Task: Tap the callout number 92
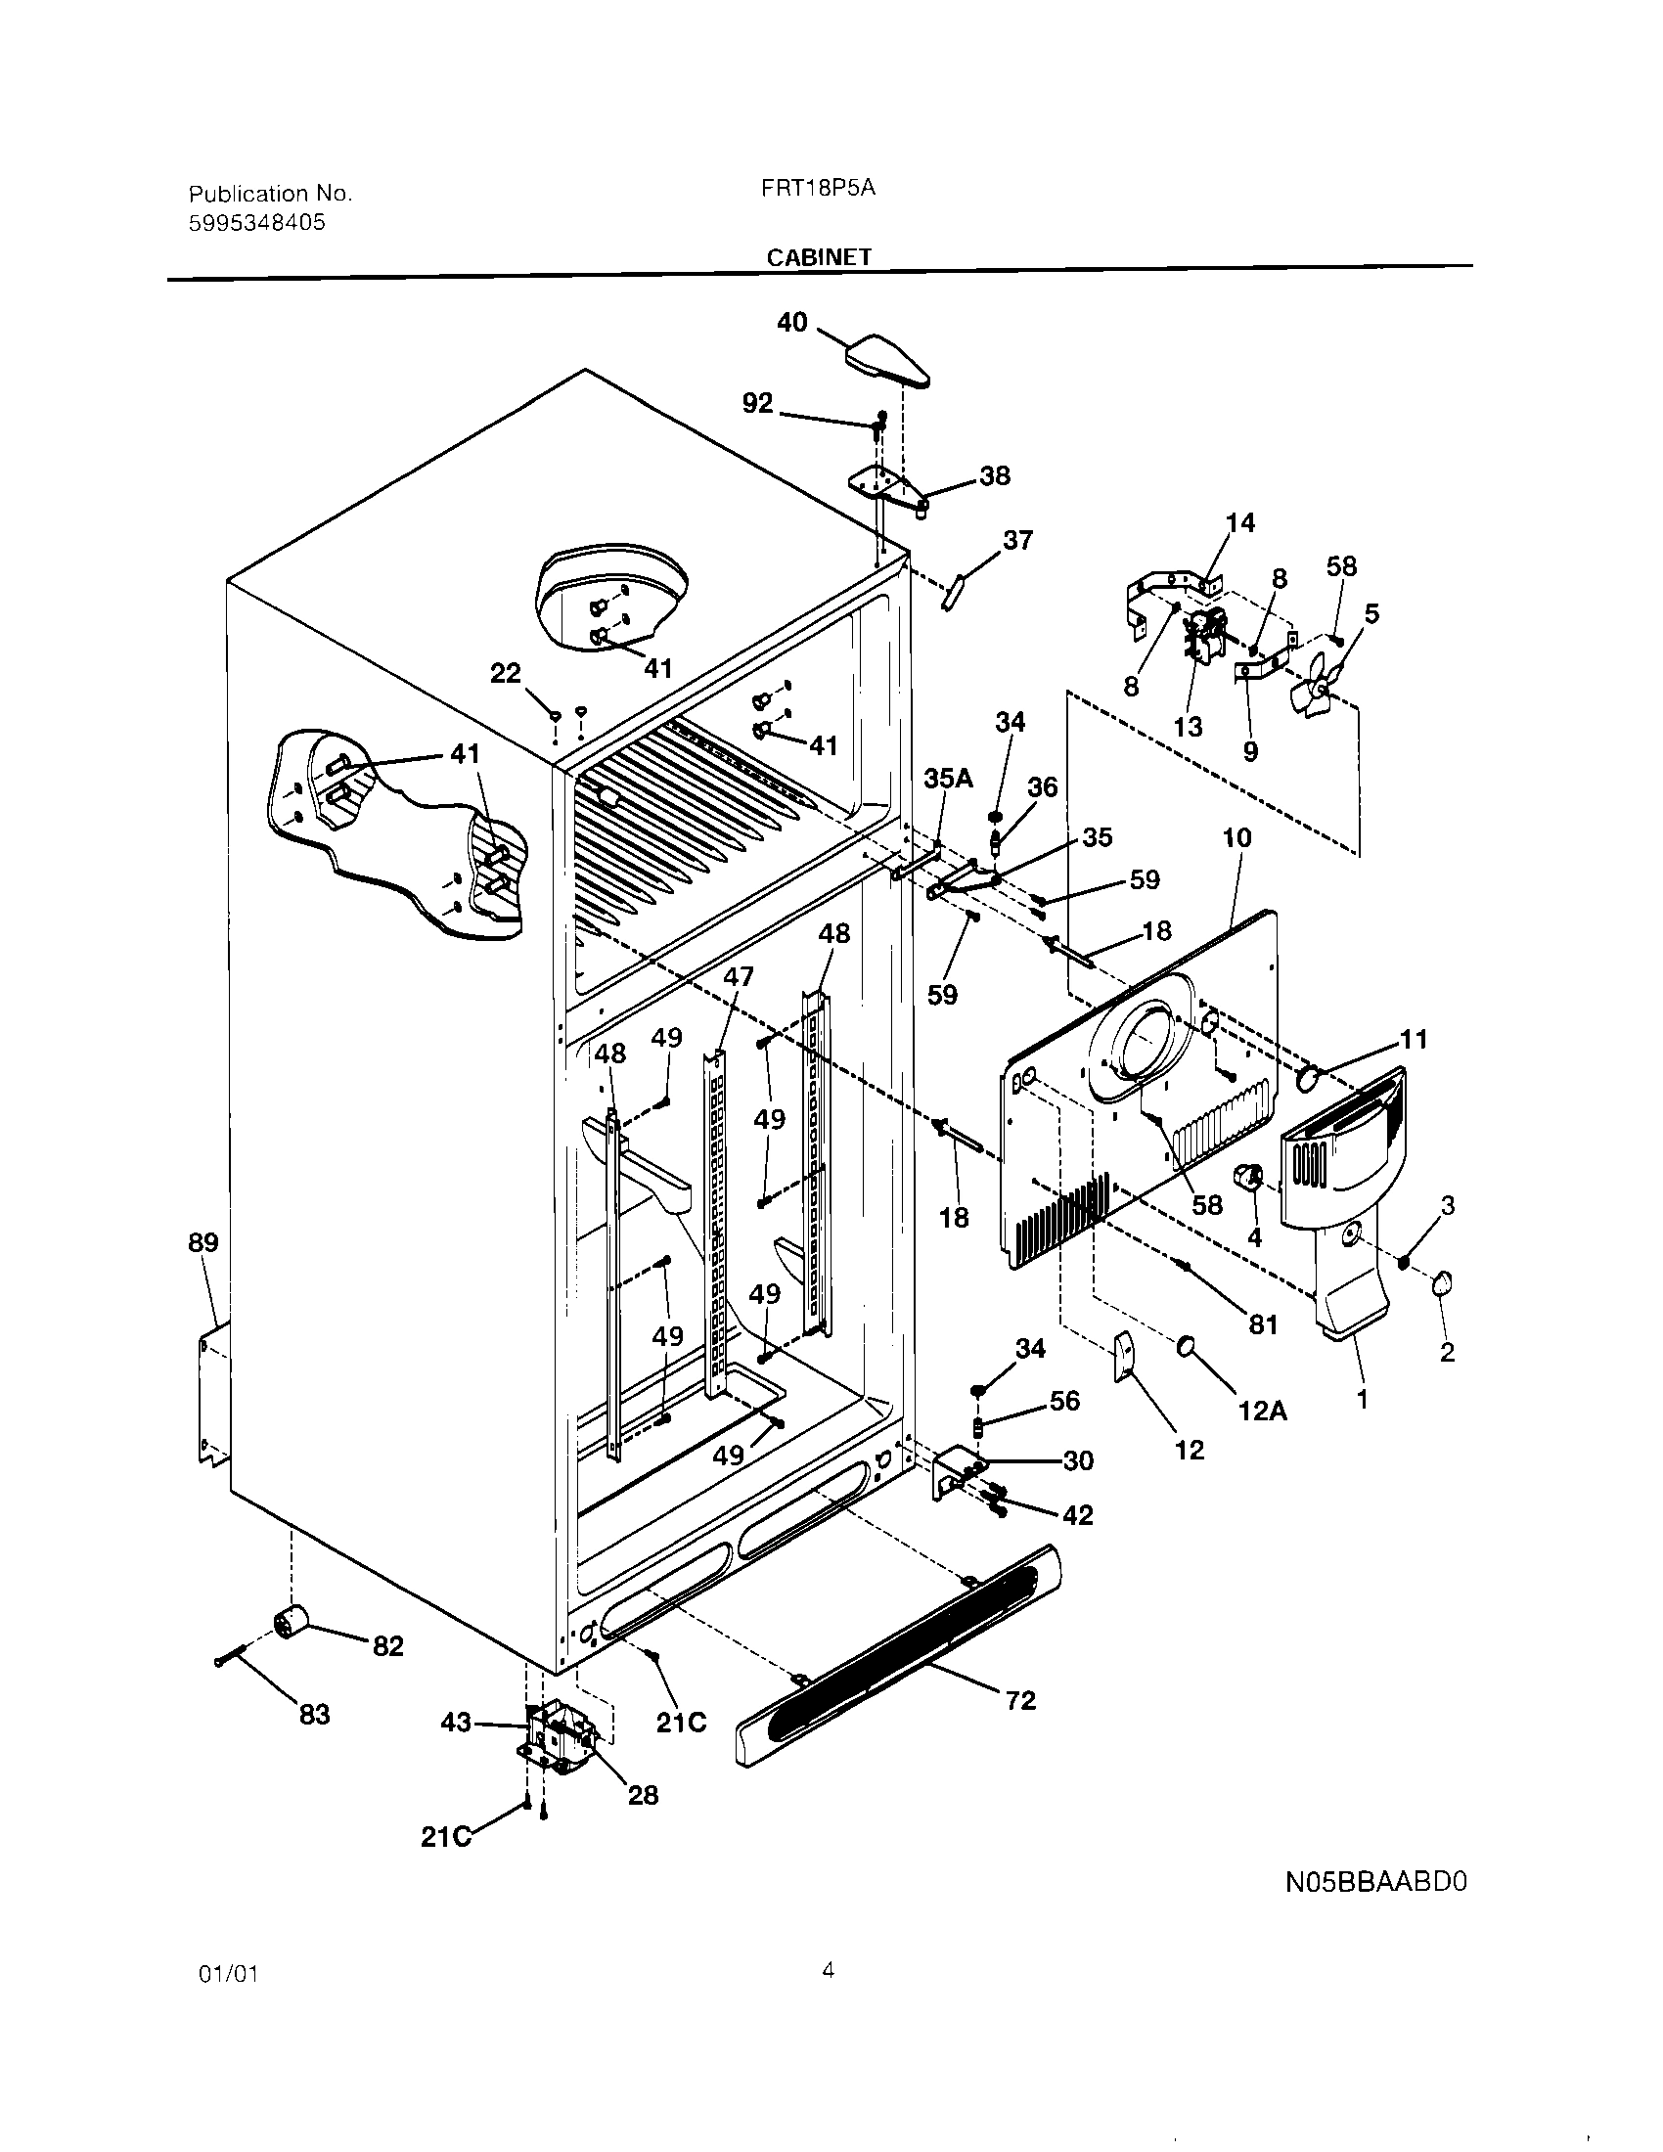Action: pyautogui.click(x=756, y=403)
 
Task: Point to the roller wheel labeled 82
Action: pyautogui.click(x=291, y=1621)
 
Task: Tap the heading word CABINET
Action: pyautogui.click(x=819, y=257)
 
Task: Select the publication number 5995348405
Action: pyautogui.click(x=256, y=223)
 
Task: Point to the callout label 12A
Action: pyautogui.click(x=1262, y=1411)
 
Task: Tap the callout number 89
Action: pyautogui.click(x=202, y=1242)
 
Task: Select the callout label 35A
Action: pyautogui.click(x=948, y=779)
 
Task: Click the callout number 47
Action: pyautogui.click(x=738, y=976)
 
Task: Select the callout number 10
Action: pyautogui.click(x=1236, y=837)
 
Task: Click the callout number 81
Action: pyautogui.click(x=1263, y=1325)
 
